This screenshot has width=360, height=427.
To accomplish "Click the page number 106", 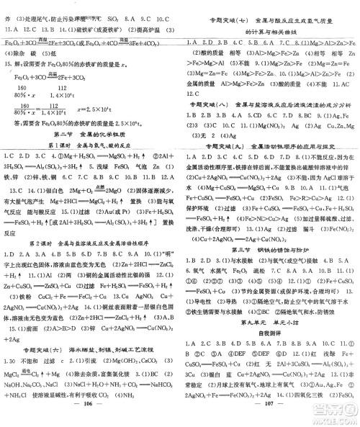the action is [x=91, y=417].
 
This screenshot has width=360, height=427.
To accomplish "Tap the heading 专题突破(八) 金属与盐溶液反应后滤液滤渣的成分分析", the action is [x=272, y=106].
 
